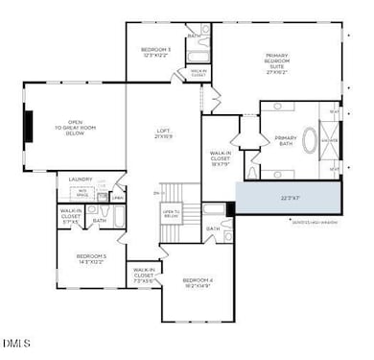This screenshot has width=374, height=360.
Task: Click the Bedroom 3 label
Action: pyautogui.click(x=156, y=53)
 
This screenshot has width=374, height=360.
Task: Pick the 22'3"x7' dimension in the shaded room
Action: pyautogui.click(x=289, y=199)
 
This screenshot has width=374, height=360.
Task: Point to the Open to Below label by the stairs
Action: pyautogui.click(x=171, y=214)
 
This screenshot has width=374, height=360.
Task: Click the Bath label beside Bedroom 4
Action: pyautogui.click(x=212, y=229)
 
